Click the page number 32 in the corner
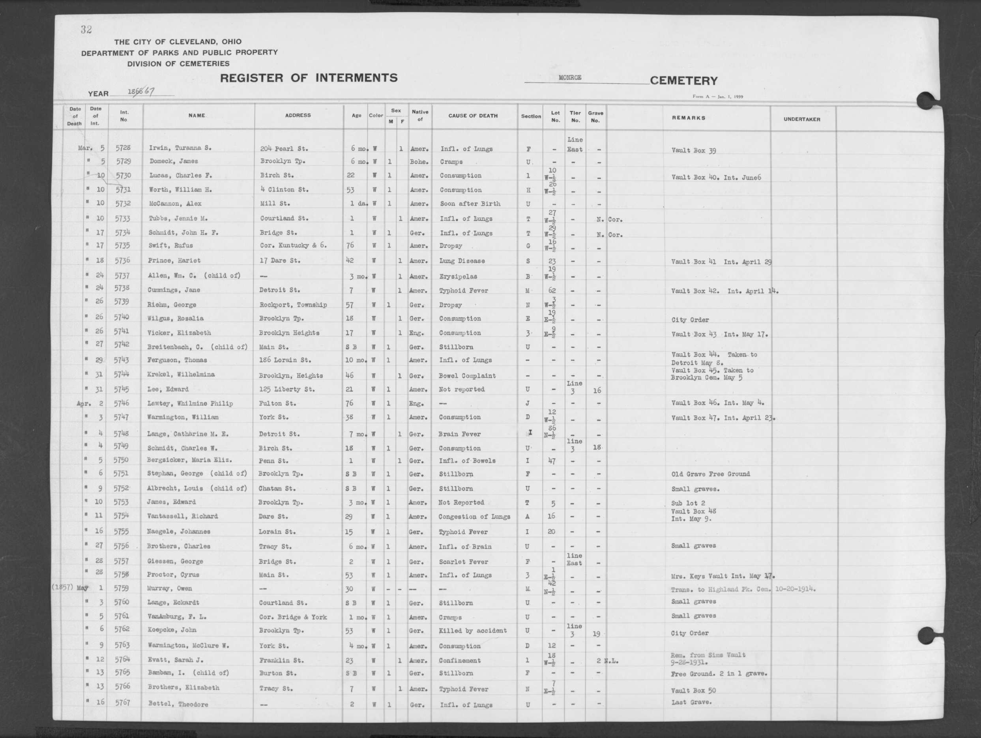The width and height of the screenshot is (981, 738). (86, 30)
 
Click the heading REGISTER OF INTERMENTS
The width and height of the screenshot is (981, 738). (309, 78)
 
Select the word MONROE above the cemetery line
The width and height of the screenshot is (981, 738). (570, 78)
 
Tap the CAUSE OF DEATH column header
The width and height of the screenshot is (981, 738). (473, 116)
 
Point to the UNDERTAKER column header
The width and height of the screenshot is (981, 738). (801, 119)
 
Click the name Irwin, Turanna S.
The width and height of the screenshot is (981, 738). (180, 148)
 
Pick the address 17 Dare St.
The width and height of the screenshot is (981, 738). (280, 261)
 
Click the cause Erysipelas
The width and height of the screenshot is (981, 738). (458, 276)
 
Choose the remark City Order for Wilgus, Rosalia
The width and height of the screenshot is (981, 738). (690, 320)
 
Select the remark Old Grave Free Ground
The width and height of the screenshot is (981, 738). (710, 474)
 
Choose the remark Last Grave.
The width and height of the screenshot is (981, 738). (691, 702)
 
